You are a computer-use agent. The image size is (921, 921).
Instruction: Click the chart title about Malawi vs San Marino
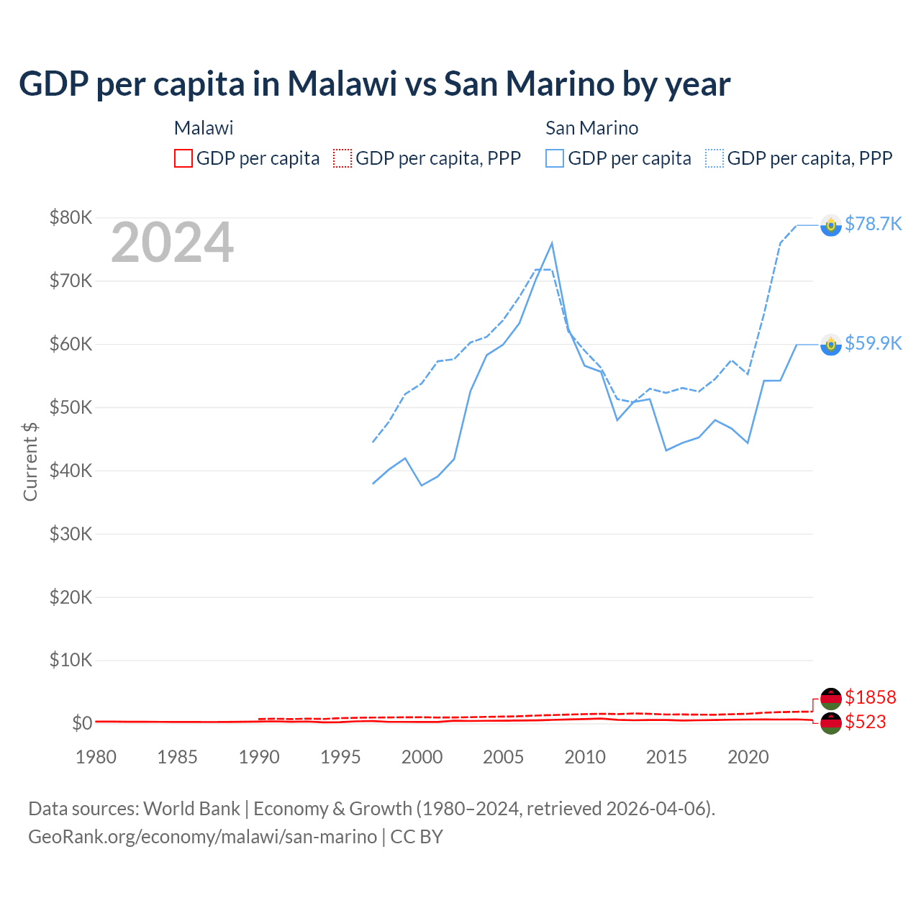tap(374, 83)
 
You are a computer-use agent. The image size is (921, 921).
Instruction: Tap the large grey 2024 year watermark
tap(172, 242)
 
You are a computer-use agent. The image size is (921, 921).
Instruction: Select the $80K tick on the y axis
tap(71, 217)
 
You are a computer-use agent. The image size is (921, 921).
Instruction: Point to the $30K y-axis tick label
tap(71, 534)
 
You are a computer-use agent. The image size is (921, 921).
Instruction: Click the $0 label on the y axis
tap(82, 723)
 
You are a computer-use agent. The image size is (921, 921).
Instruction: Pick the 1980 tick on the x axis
tap(96, 757)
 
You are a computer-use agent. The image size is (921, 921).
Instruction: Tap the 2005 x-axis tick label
tap(504, 757)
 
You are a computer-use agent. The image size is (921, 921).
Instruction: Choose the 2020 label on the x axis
tap(748, 757)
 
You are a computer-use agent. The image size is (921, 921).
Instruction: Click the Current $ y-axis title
tap(30, 461)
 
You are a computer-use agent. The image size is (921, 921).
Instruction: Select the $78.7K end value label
tap(873, 224)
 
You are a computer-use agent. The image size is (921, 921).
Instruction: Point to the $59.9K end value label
tap(873, 343)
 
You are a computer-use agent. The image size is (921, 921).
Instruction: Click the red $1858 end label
tap(870, 697)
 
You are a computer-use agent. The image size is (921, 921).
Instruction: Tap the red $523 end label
tap(866, 722)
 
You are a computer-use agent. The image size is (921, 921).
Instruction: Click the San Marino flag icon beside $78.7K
tap(831, 225)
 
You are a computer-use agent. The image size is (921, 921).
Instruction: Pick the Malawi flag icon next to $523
tap(831, 723)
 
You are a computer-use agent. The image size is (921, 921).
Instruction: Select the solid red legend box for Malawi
tap(183, 158)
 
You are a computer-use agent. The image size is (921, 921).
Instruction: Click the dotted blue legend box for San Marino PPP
tap(714, 158)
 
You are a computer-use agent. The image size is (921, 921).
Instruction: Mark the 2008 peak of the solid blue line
tap(552, 243)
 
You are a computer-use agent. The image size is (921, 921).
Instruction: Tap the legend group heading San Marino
tap(591, 128)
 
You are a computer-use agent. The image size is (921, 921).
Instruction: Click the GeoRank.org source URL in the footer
tap(202, 837)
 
